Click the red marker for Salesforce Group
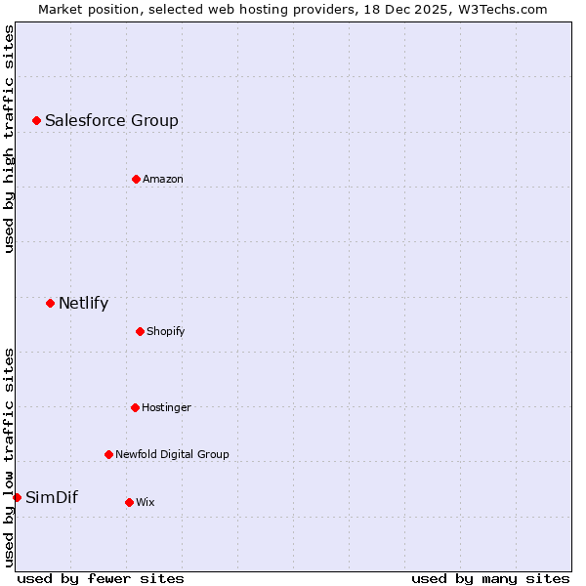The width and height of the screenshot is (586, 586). point(36,120)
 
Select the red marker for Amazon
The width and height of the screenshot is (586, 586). point(136,179)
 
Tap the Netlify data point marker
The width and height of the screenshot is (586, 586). point(50,303)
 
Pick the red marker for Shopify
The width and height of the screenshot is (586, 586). point(140,331)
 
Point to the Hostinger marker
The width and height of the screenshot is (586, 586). point(135,407)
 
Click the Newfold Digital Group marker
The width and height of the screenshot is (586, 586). point(108,454)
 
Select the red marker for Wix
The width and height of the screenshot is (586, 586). point(129,502)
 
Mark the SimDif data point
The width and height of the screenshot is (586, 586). point(17,497)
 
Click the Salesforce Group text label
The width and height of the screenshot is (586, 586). point(111,120)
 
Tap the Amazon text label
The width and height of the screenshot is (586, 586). point(163,179)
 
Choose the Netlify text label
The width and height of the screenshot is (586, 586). point(83,303)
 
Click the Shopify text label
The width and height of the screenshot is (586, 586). point(166,331)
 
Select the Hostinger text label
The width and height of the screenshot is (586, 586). point(166,407)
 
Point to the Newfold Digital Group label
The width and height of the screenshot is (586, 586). point(172,454)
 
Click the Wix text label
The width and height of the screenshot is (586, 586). point(146,502)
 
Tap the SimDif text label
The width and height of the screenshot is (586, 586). point(51,497)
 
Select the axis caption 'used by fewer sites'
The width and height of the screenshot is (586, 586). point(101,578)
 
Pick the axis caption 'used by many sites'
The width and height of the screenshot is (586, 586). point(490,578)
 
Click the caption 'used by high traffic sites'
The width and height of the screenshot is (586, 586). point(9,139)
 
